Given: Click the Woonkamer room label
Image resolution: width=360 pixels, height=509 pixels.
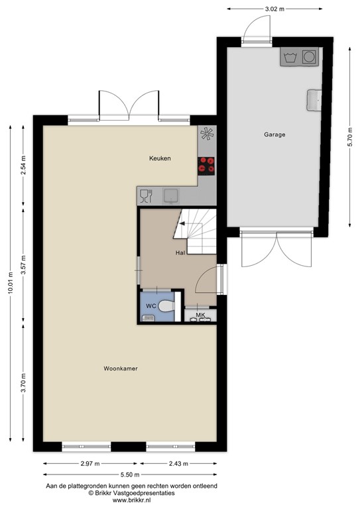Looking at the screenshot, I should click(x=125, y=368).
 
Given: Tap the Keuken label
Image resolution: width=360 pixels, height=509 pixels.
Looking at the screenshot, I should click(x=160, y=158).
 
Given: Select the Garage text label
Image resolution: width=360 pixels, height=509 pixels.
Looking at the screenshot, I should click(x=274, y=135).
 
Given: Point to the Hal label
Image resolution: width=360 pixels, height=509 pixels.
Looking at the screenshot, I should click(x=180, y=253).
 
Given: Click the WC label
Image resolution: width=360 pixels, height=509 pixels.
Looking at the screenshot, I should click(x=151, y=306).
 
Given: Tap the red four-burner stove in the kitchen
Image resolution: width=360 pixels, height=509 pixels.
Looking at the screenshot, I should click(x=207, y=164).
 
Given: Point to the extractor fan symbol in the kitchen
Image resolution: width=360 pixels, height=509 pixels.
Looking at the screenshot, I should click(x=208, y=134).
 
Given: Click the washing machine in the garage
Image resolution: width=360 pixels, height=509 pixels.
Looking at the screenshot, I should click(x=308, y=57).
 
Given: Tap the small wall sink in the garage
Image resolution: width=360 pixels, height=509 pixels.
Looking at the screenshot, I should click(x=313, y=100).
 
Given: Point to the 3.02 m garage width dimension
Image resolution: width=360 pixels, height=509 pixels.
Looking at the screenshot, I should click(x=274, y=9).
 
